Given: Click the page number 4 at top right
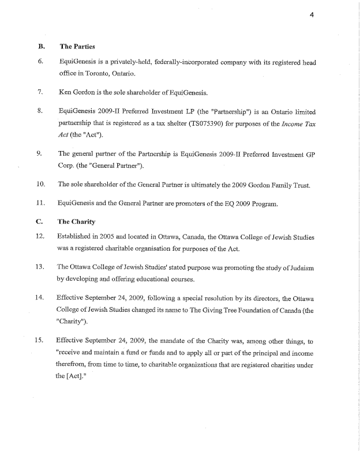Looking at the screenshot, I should tap(311, 16).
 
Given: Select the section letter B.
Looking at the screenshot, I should tap(41, 46).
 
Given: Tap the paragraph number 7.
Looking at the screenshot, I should tap(41, 92).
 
